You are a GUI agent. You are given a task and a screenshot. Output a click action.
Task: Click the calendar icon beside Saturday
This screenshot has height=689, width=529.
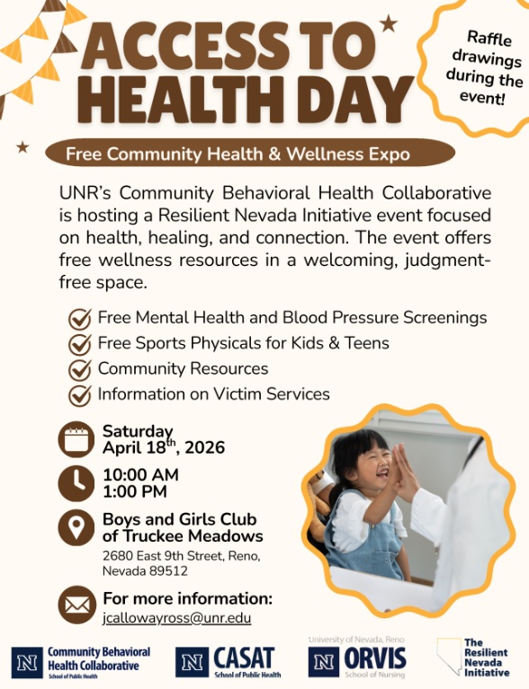coord(76,439)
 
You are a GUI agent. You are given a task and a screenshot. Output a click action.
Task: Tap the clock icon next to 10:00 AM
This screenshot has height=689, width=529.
coord(76,482)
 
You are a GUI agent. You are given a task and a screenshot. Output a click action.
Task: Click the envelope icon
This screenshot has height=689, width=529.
coord(76,605)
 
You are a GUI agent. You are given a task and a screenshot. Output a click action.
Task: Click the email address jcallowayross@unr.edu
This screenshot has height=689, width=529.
coord(177,618)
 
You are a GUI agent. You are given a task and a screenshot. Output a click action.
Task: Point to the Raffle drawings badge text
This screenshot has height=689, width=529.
coord(484,67)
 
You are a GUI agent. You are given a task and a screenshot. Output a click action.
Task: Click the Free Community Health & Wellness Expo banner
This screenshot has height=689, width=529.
coord(238,154)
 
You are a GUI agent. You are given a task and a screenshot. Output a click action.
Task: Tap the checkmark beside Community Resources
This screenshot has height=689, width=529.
coord(81,369)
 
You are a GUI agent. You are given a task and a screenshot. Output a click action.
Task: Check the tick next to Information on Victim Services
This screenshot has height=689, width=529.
coord(81,394)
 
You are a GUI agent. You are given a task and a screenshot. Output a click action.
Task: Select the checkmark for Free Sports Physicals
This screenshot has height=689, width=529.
coord(81,344)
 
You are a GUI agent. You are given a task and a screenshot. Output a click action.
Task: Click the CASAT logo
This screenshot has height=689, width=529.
coord(229,661)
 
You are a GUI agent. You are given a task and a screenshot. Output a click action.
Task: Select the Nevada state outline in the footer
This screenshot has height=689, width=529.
coord(449,657)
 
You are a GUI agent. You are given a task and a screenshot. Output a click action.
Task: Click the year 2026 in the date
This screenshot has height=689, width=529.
coord(203,447)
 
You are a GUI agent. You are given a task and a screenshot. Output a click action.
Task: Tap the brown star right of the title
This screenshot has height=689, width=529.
coord(388,23)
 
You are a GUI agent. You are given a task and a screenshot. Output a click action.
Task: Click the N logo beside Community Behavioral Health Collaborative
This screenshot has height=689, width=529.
coord(27,662)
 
